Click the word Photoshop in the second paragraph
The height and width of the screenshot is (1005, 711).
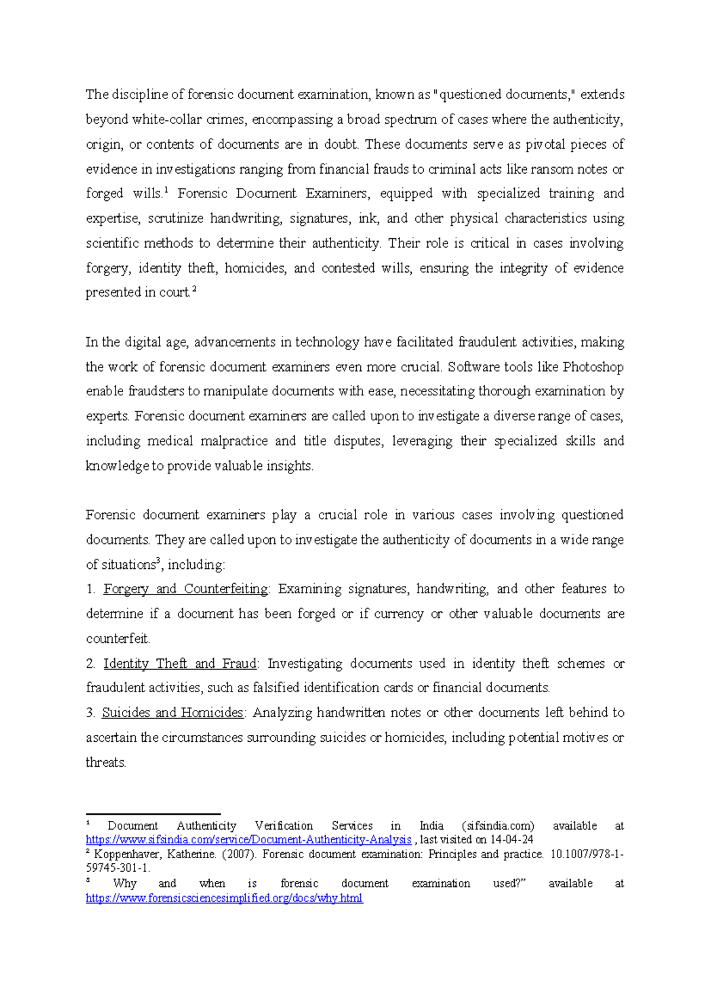coord(592,367)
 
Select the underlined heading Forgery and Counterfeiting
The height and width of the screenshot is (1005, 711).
coord(185,589)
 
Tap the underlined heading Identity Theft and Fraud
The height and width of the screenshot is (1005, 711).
coord(180,664)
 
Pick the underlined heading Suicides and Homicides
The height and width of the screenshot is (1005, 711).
coord(172,713)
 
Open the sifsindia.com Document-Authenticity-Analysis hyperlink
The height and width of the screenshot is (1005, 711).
coord(248,840)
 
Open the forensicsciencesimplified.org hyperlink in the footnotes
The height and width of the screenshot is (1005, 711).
coord(224,898)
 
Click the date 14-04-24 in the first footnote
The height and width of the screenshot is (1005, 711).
coord(512,840)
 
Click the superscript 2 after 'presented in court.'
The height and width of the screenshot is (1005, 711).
coord(194,290)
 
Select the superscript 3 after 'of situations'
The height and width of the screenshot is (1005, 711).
coord(158,561)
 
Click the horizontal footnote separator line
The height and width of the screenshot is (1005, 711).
coord(153,814)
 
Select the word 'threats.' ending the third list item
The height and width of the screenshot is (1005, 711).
coord(106,763)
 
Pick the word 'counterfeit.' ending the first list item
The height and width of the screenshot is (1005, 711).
coord(118,639)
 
